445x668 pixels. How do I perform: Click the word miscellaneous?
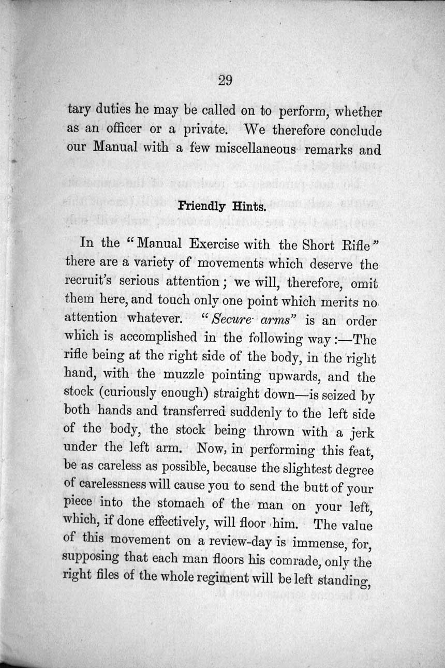253,149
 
